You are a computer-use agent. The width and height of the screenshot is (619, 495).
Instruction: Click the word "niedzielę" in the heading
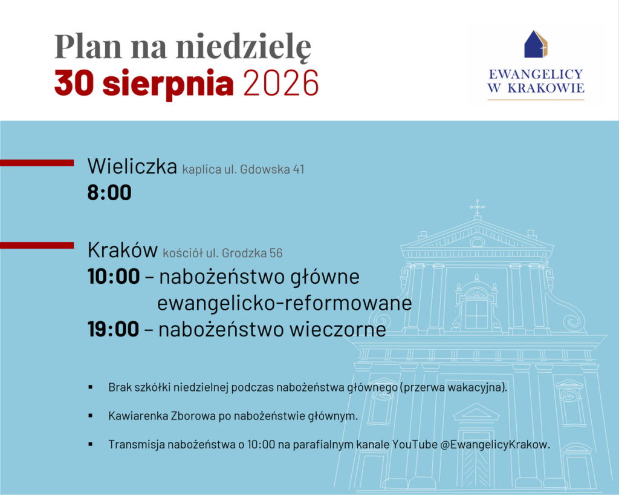[244, 47]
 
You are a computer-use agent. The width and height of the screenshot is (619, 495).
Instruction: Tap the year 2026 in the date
[281, 83]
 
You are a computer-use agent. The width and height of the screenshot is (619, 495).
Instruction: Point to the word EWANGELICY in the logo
[536, 74]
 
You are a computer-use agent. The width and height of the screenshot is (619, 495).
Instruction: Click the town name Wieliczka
[132, 166]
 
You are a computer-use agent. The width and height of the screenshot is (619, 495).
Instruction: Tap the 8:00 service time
[109, 193]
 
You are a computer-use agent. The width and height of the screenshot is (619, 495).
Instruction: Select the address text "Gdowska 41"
[272, 169]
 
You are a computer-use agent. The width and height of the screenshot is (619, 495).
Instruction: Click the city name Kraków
[123, 250]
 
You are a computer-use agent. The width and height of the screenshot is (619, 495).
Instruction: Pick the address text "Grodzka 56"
[252, 253]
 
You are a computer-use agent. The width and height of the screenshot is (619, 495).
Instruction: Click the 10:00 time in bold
[114, 276]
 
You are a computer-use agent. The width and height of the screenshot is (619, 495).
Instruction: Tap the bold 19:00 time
[113, 329]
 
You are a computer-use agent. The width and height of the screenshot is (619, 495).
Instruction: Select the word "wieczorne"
[337, 329]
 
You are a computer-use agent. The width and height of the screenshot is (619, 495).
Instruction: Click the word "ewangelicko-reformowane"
[285, 303]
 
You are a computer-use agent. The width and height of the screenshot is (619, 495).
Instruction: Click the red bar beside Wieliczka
[37, 163]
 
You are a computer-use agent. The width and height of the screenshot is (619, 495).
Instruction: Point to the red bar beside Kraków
[37, 245]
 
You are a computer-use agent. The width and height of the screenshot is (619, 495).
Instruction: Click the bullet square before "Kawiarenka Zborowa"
[91, 416]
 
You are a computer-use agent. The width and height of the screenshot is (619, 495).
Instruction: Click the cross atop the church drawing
[478, 206]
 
